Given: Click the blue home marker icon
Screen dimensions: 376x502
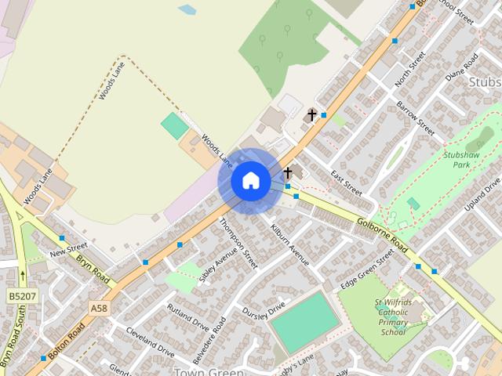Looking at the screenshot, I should coord(251,181).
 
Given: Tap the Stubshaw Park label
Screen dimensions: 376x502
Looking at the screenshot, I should coord(466,161).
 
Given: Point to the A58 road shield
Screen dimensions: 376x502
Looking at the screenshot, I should coord(99,309).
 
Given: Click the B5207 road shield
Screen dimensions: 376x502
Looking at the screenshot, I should coord(23,297).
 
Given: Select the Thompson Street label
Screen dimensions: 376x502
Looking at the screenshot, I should coord(238,244).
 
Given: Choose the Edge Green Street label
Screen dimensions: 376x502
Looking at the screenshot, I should coord(366,269).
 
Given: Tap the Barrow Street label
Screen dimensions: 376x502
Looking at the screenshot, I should coord(415,116).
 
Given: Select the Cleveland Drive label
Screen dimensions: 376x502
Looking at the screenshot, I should coord(150,340).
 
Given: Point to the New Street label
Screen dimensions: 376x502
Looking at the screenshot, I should coord(68,251).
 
